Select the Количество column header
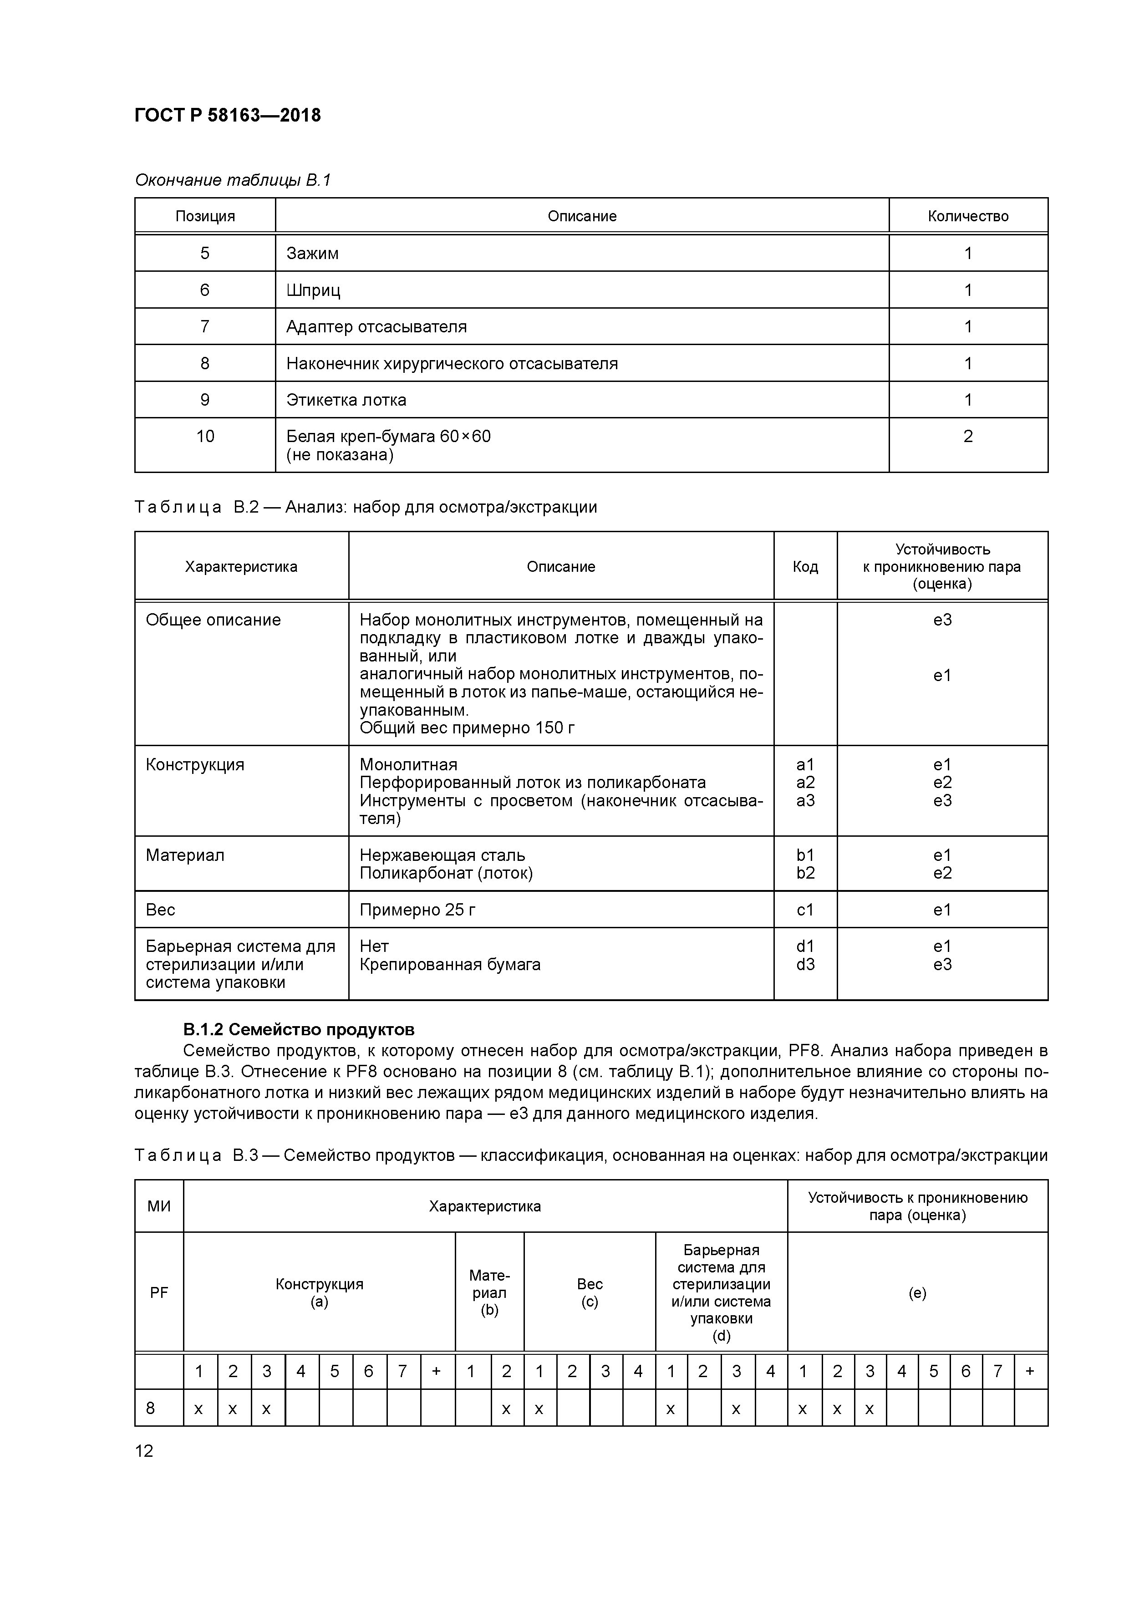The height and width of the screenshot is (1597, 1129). point(967,216)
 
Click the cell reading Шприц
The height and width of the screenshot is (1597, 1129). point(313,290)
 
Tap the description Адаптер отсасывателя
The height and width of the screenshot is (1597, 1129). point(376,327)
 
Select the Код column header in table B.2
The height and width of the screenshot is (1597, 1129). point(805,567)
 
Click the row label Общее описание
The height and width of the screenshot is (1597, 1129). point(213,620)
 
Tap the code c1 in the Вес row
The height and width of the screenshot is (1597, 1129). point(805,910)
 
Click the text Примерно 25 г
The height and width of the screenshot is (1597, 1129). point(417,910)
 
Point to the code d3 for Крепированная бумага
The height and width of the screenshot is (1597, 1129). point(805,964)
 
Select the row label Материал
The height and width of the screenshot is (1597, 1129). point(185,855)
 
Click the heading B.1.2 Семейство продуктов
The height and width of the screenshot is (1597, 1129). point(299,1029)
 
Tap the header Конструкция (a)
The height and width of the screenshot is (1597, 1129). point(319,1293)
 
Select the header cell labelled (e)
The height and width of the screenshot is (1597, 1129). point(917,1293)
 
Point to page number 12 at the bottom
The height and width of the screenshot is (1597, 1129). point(144,1451)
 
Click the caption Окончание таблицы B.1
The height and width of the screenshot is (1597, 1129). point(232,181)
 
